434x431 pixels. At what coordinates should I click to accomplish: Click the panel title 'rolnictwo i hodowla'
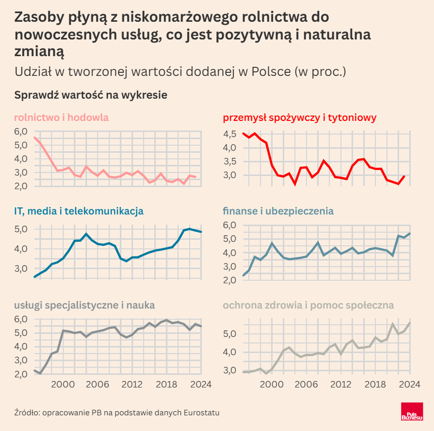[x=62, y=118]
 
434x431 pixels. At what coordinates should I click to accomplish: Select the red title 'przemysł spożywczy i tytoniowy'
[x=299, y=118]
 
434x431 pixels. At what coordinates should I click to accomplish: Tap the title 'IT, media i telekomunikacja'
[x=79, y=211]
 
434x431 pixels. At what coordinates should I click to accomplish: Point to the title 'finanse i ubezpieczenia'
[x=278, y=211]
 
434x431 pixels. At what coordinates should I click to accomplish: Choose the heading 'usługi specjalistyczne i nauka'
[x=84, y=305]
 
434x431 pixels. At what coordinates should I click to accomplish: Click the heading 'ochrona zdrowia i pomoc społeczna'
[x=309, y=305]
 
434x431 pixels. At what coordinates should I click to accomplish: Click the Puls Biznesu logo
[x=411, y=413]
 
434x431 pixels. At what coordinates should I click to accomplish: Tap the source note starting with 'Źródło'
[x=117, y=413]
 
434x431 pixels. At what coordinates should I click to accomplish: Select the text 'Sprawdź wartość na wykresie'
[x=91, y=95]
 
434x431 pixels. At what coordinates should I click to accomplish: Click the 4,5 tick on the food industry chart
[x=229, y=134]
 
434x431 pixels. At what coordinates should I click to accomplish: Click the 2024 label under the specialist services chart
[x=200, y=384]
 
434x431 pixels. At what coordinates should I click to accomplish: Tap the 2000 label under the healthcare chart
[x=271, y=384]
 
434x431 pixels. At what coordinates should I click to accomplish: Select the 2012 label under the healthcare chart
[x=340, y=384]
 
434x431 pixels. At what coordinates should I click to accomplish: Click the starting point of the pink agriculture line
[x=34, y=137]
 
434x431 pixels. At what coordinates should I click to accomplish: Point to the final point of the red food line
[x=404, y=176]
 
